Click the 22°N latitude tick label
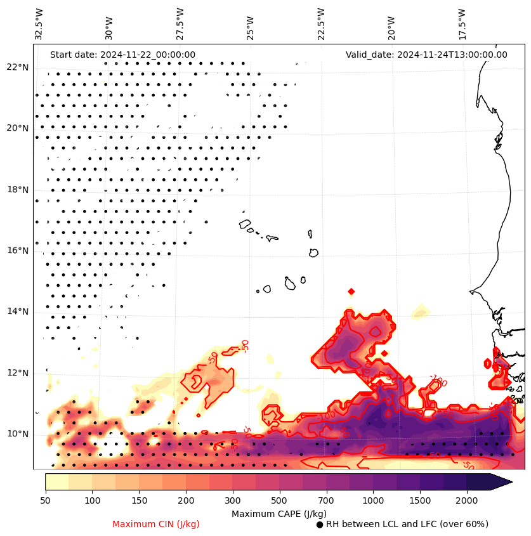point(17,67)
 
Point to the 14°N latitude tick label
point(17,311)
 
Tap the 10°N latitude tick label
point(17,434)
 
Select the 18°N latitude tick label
point(17,190)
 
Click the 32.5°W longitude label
point(39,24)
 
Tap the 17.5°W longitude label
point(462,24)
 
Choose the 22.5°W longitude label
point(321,24)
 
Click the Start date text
point(122,55)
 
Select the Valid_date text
point(426,55)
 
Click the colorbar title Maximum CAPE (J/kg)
point(279,513)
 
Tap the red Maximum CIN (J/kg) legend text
point(156,524)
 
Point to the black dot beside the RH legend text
point(320,525)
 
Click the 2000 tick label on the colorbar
point(466,501)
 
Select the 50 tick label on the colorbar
point(45,501)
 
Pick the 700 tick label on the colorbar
point(326,501)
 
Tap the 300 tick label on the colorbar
point(233,501)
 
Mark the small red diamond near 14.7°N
point(351,291)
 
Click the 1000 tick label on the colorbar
point(373,501)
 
